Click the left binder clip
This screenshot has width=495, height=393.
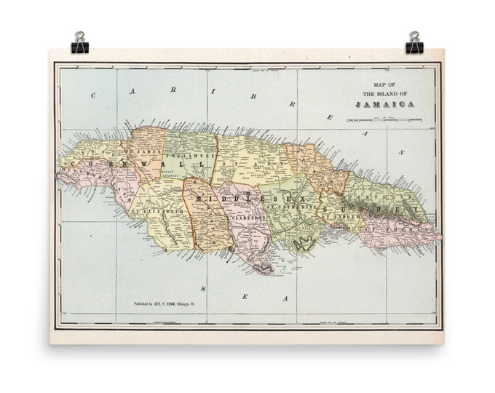pyautogui.click(x=79, y=44)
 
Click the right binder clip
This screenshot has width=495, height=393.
pyautogui.click(x=414, y=44)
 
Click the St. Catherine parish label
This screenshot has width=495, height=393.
pyautogui.click(x=293, y=208)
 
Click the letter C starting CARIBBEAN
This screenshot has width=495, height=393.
pyautogui.click(x=93, y=95)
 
